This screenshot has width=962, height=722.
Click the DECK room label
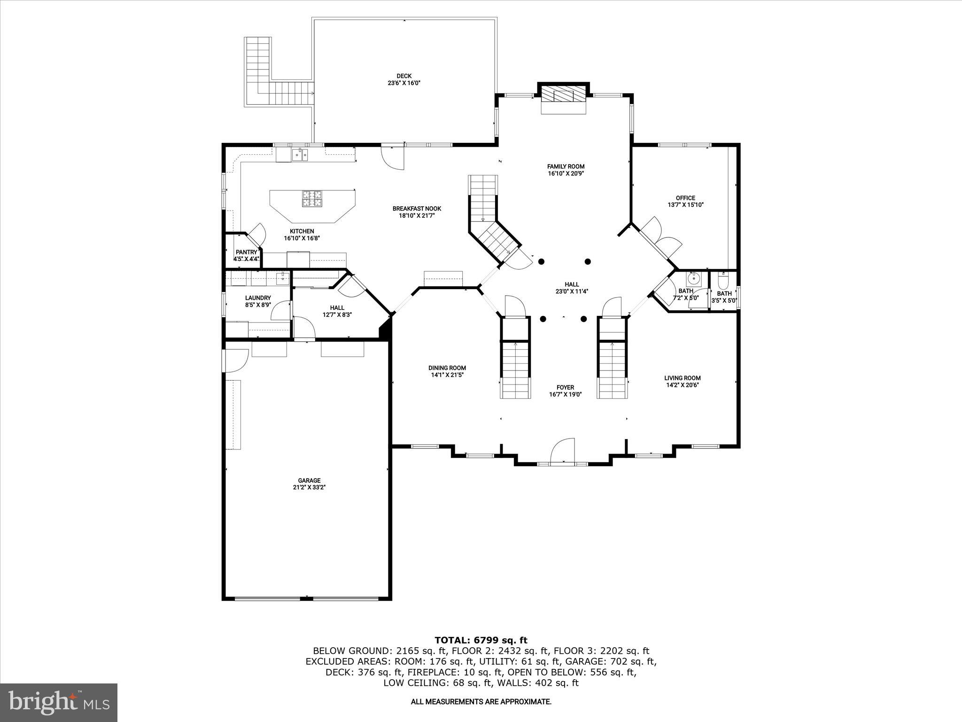(x=404, y=76)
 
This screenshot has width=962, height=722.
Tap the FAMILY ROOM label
(x=566, y=166)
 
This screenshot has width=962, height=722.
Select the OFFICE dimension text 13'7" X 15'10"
(x=685, y=205)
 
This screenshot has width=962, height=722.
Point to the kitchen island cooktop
(x=312, y=198)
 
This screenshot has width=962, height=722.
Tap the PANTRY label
(x=247, y=252)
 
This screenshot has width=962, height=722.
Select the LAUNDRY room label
(x=258, y=298)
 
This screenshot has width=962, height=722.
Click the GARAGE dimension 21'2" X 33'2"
(x=309, y=487)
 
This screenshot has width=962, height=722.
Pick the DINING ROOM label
(x=447, y=368)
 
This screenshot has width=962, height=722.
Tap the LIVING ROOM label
(x=682, y=378)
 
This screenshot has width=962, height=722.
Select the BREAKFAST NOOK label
(x=417, y=209)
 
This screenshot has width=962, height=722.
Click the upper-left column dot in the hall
(x=541, y=261)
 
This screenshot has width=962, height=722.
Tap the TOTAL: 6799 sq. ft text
(x=481, y=640)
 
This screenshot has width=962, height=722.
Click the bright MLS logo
(x=59, y=702)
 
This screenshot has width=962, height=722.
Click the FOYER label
(x=565, y=388)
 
